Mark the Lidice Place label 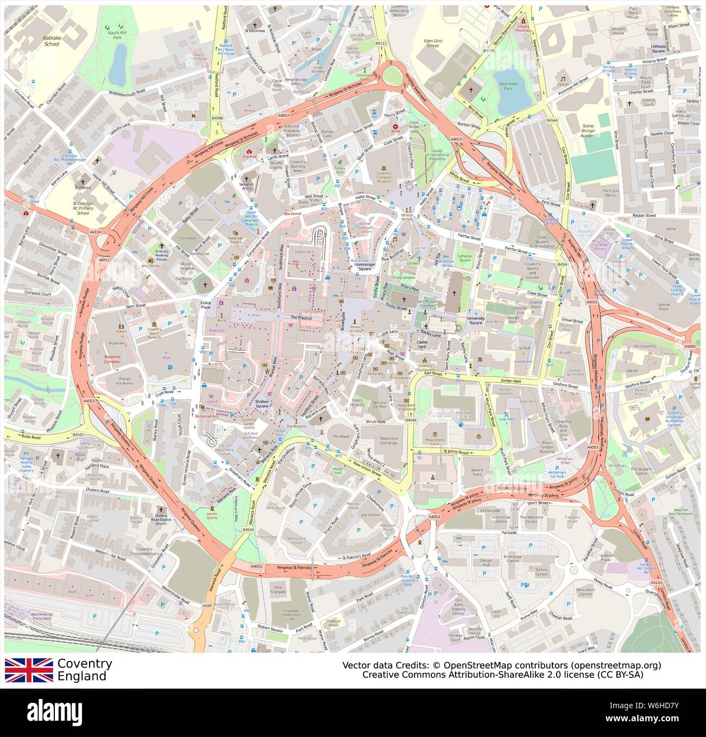[205, 305]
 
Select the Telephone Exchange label [388, 440]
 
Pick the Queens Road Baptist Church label [161, 520]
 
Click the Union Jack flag [29, 670]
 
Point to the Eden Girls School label [432, 43]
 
